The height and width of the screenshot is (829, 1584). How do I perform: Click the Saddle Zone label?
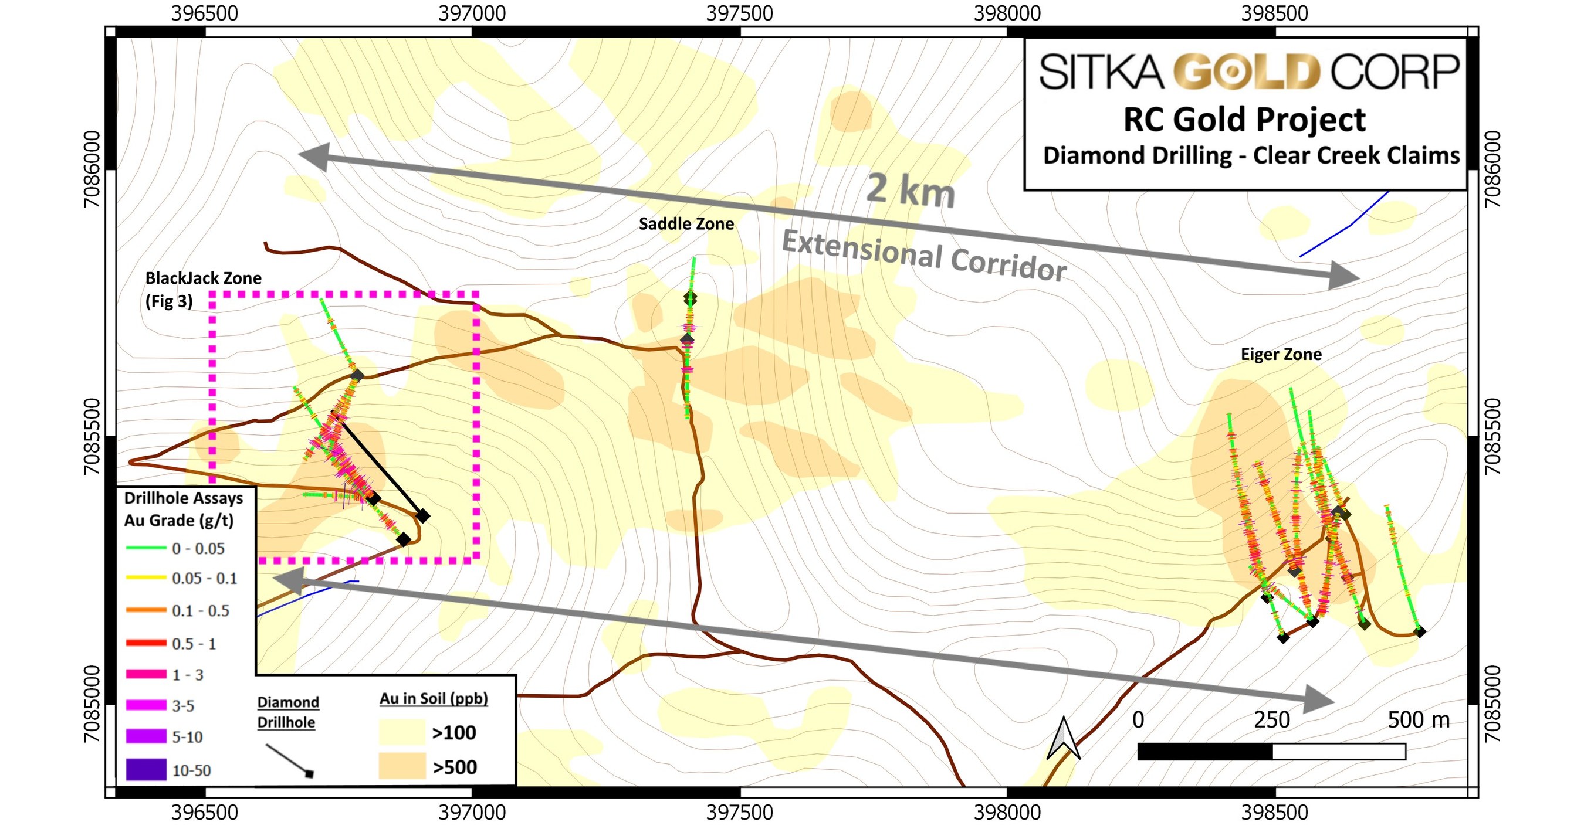[686, 224]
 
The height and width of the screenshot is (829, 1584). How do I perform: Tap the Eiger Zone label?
[1281, 354]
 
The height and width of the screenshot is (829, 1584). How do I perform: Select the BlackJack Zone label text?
[203, 278]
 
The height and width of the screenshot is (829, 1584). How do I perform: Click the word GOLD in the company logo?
[1247, 72]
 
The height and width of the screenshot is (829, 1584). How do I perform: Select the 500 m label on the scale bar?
[1418, 719]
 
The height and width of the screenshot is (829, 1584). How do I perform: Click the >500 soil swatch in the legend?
[401, 766]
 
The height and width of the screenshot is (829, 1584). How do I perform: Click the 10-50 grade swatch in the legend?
[145, 769]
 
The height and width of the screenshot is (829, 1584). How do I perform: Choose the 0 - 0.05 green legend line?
[145, 548]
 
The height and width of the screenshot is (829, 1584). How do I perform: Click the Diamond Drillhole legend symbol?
[290, 761]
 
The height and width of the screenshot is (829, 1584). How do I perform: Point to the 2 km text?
[910, 190]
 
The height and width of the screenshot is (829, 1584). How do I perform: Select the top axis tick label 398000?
[1007, 13]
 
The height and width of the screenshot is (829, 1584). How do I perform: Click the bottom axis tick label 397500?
[739, 813]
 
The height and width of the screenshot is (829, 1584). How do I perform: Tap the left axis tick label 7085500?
[92, 436]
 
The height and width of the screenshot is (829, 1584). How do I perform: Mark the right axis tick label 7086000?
[1493, 169]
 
